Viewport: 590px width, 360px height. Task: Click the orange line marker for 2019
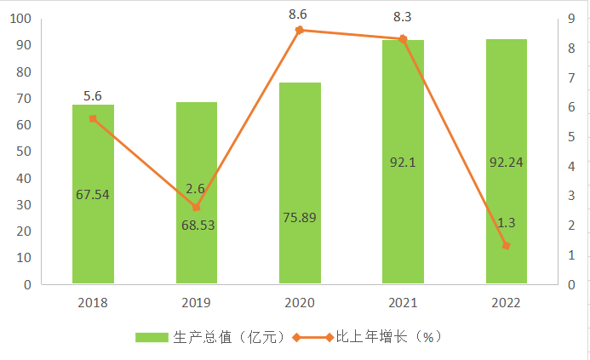coord(196,207)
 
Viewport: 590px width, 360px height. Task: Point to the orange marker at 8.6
coord(300,30)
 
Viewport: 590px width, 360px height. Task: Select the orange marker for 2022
coord(507,245)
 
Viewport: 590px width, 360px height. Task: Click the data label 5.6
coord(93,96)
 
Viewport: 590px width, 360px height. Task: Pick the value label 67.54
coord(93,194)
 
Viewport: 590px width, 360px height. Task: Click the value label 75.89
coord(300,216)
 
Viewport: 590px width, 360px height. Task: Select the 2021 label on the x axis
coord(403,302)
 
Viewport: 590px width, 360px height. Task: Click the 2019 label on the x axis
coord(196,302)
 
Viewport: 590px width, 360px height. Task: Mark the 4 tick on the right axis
coord(570,166)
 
